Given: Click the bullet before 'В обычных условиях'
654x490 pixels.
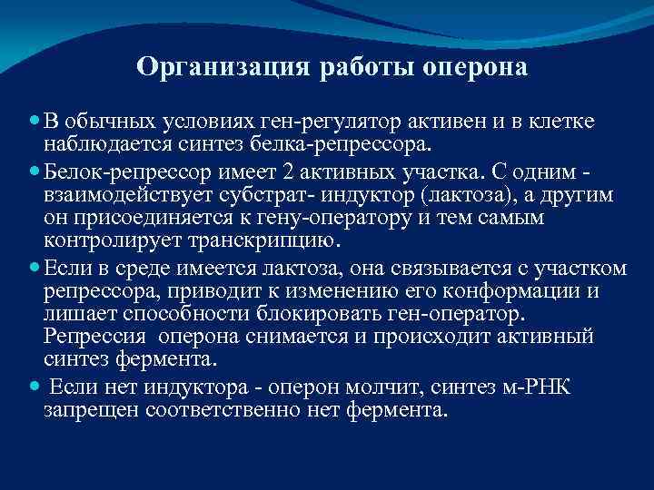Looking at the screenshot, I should pyautogui.click(x=34, y=122).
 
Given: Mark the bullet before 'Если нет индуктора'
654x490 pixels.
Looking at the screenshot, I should pyautogui.click(x=34, y=386).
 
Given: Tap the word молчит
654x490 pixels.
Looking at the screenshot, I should pyautogui.click(x=371, y=387).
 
